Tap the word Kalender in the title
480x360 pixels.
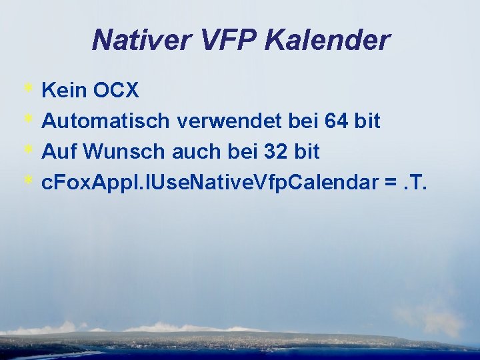(327, 40)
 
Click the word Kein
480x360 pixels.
(61, 90)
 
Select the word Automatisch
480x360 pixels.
(107, 121)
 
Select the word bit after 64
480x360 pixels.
(367, 121)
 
